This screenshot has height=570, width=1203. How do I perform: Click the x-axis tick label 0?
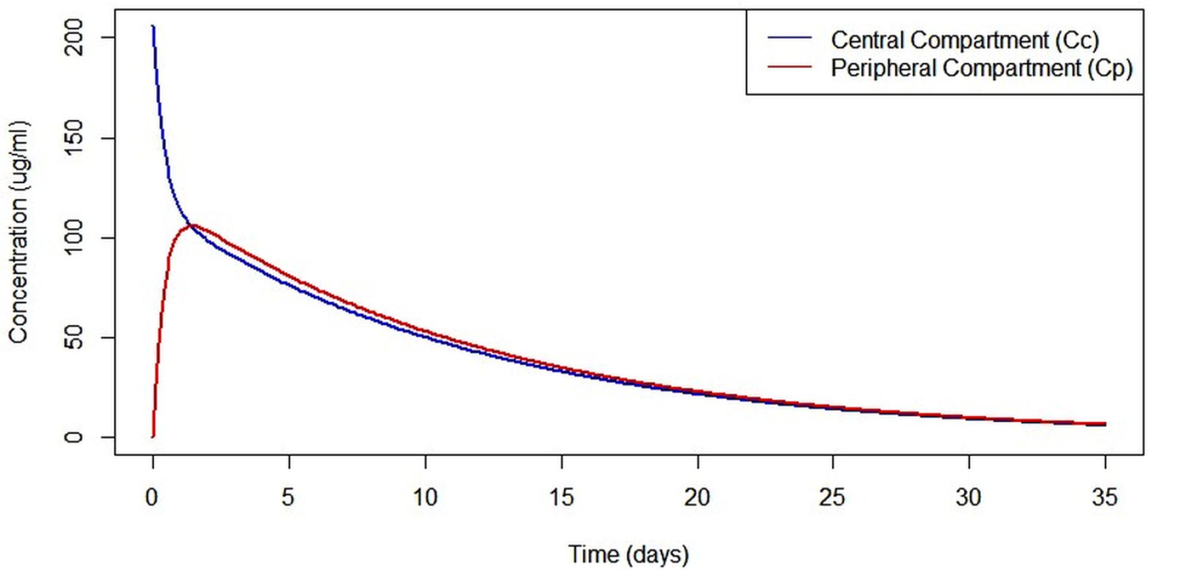click(152, 497)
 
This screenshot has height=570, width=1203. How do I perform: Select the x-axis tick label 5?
click(288, 497)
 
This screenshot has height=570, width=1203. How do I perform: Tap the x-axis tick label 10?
click(425, 497)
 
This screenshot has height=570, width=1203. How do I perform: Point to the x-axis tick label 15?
click(562, 497)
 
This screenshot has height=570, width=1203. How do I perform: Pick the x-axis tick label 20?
click(697, 497)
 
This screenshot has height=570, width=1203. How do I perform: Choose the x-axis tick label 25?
click(833, 497)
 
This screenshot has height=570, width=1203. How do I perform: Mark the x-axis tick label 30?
click(969, 497)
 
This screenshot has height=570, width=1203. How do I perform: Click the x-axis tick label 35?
click(1105, 497)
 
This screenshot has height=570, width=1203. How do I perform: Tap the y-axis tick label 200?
click(74, 38)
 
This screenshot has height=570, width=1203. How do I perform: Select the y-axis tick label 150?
click(74, 138)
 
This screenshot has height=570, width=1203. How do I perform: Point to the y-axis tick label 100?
click(74, 238)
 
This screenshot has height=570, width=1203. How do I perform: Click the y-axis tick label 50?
click(74, 338)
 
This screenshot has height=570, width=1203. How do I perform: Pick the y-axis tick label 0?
click(74, 437)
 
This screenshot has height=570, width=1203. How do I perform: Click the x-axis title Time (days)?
click(628, 554)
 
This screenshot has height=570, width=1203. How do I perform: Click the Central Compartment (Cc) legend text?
click(965, 40)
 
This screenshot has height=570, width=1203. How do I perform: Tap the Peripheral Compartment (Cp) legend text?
click(982, 68)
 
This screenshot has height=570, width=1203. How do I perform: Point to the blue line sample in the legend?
click(789, 39)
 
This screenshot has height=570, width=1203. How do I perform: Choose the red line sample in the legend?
click(789, 67)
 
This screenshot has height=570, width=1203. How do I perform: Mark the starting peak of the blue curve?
click(153, 27)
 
